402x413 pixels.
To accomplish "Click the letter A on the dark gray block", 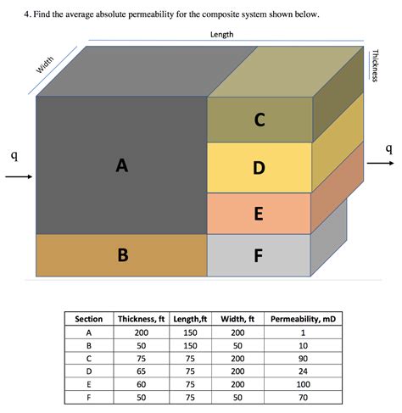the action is click(x=122, y=166).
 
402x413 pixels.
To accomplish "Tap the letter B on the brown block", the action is click(x=122, y=254).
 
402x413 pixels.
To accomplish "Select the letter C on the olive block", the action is click(x=258, y=120).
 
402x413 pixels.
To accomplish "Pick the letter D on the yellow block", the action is click(x=258, y=168).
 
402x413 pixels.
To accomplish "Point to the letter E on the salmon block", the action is click(x=258, y=213).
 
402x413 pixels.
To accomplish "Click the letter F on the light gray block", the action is click(x=258, y=254).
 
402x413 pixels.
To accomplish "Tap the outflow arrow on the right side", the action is click(x=382, y=164).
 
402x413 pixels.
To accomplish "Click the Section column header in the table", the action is click(x=89, y=319).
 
